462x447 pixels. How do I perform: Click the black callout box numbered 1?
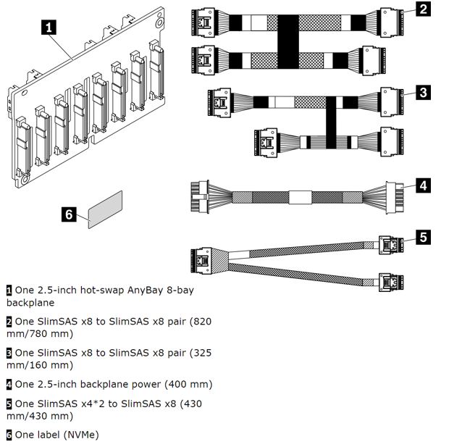[49, 27]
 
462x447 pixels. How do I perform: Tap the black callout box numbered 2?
[423, 9]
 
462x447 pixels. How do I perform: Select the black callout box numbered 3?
[423, 92]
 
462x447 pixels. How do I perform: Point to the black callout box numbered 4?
[423, 185]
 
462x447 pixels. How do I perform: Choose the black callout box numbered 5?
[423, 238]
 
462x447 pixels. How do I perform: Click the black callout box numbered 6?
[69, 214]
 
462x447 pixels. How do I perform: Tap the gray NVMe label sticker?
[105, 209]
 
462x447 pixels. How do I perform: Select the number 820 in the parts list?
[203, 321]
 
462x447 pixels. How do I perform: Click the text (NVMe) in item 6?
[81, 435]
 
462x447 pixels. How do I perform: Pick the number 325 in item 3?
[203, 353]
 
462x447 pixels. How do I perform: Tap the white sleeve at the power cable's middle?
[301, 198]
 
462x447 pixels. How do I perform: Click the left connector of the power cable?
[200, 196]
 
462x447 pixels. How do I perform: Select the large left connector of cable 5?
[201, 260]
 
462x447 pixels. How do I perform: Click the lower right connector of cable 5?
[391, 282]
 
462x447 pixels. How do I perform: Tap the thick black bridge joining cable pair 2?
[288, 41]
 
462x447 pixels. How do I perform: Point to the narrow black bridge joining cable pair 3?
[331, 122]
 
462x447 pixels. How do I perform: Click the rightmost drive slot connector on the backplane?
[156, 70]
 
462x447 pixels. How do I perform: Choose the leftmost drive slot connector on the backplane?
[24, 146]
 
